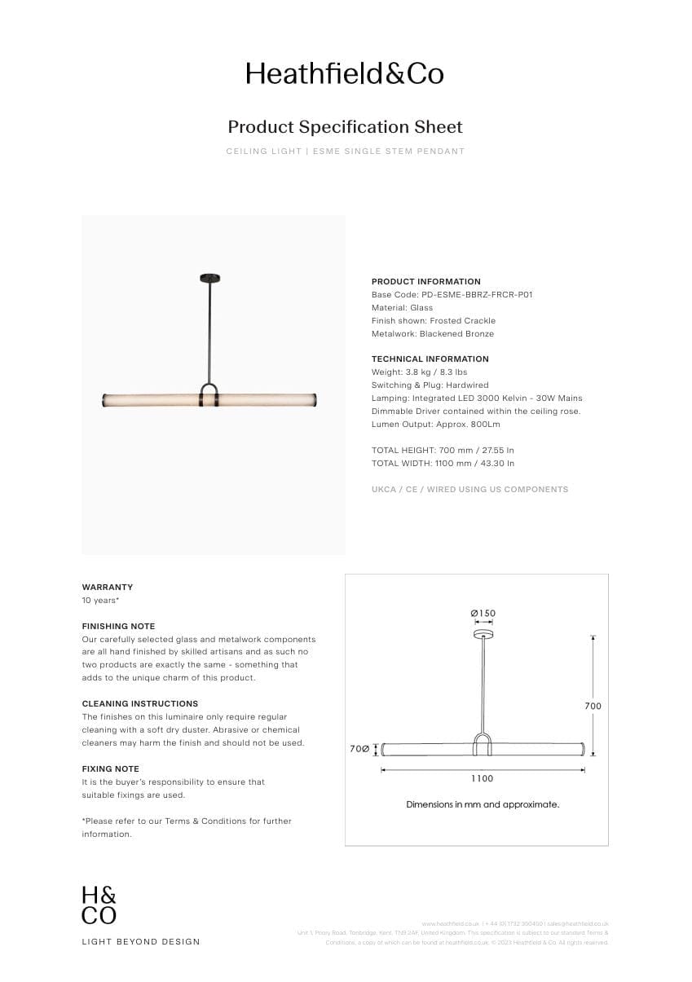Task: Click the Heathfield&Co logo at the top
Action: (345, 74)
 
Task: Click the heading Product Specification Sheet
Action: (345, 127)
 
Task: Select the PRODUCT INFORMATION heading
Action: (425, 281)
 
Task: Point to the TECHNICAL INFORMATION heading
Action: (430, 359)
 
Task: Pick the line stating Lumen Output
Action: (435, 424)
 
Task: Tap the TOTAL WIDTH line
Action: (443, 463)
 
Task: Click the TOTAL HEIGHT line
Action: (443, 450)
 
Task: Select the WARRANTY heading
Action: (107, 587)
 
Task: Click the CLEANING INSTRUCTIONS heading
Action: (139, 703)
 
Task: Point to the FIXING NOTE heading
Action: (110, 768)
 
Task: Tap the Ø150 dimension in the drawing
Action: (483, 614)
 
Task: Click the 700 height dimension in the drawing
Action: (593, 706)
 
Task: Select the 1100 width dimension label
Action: (482, 778)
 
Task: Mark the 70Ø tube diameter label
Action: (359, 748)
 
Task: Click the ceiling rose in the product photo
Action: (209, 279)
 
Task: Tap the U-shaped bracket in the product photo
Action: (209, 394)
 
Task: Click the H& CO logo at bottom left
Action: (99, 905)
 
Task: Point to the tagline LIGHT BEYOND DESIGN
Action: (140, 941)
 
